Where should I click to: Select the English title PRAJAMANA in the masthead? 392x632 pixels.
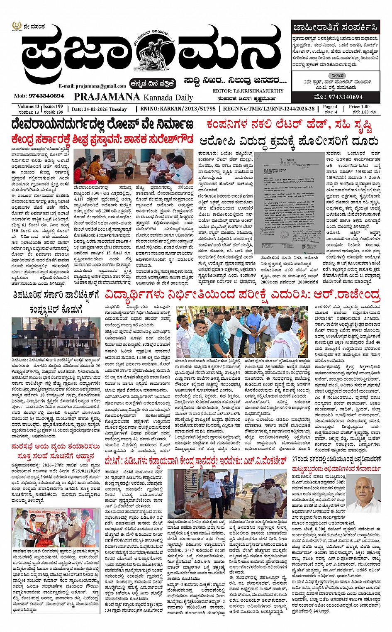107,97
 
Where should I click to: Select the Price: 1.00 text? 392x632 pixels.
359,107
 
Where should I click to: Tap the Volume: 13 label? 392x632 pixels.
28,107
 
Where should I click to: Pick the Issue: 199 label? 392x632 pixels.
53,107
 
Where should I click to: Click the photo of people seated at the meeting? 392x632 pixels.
134,166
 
